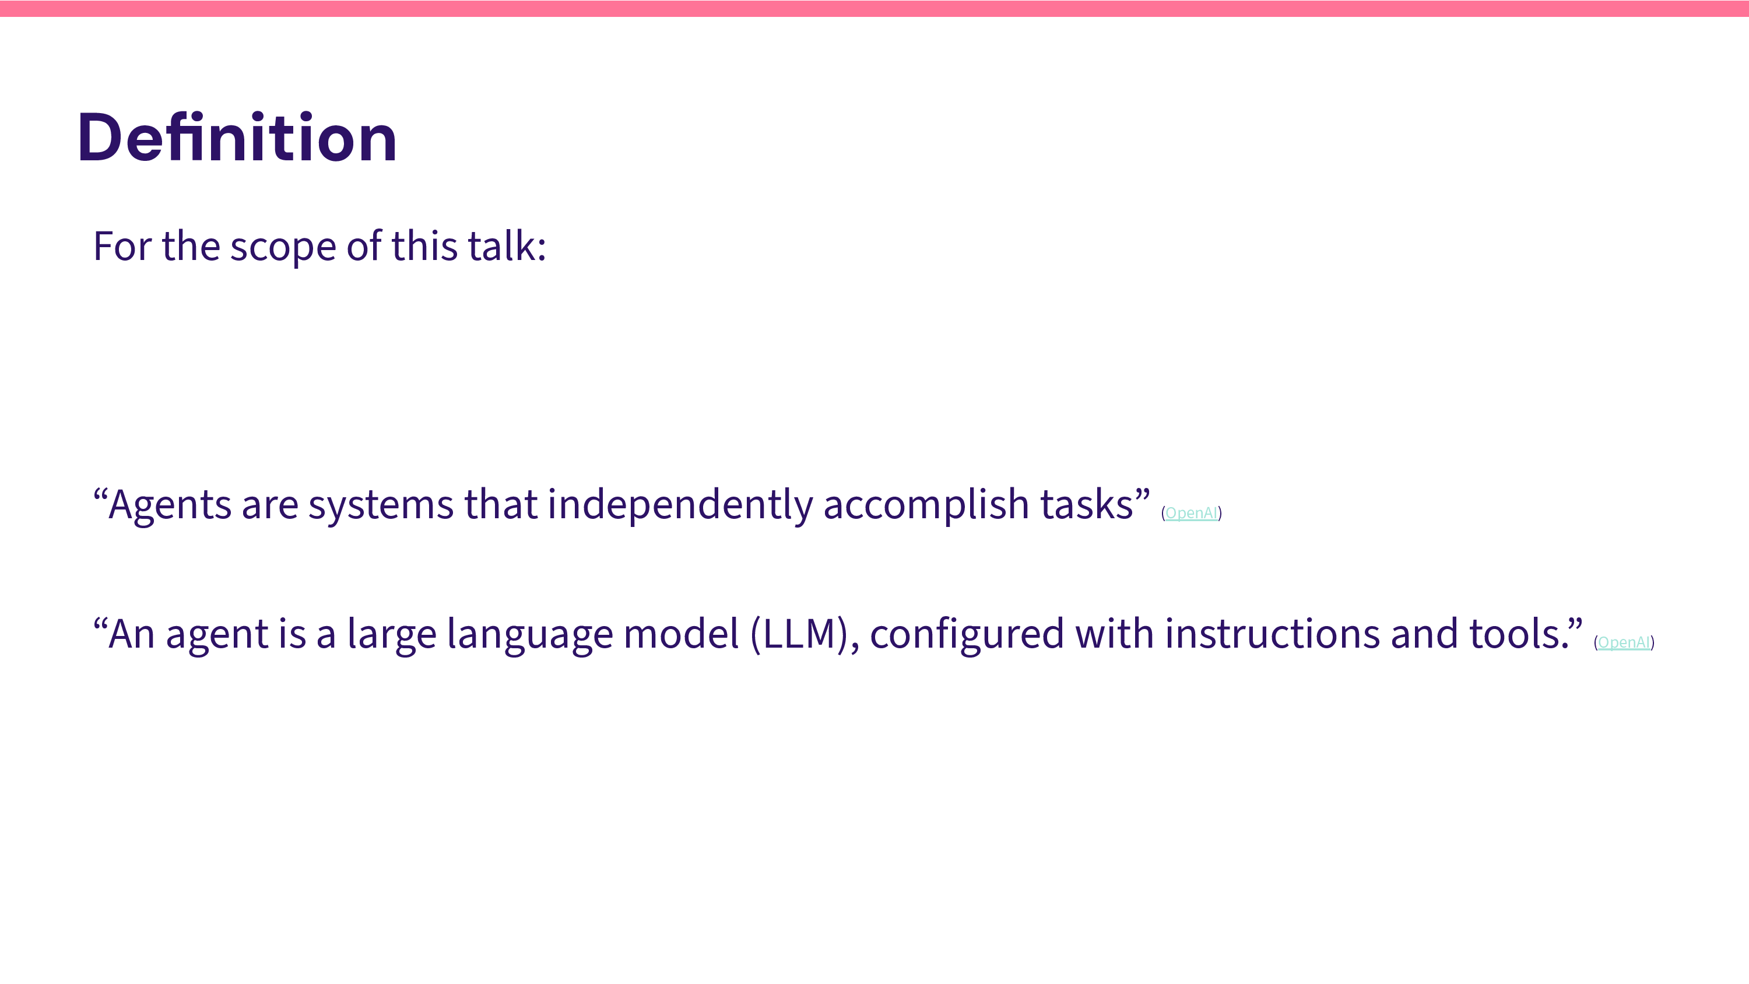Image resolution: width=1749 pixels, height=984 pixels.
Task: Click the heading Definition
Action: (x=237, y=138)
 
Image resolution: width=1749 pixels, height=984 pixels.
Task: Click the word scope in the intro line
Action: (x=282, y=247)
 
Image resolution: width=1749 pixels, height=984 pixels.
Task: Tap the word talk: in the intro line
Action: (x=507, y=245)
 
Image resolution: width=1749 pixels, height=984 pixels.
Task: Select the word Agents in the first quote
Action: (x=170, y=506)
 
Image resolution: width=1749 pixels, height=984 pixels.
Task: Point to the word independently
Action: (x=680, y=505)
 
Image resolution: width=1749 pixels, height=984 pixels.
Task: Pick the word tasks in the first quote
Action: (x=1086, y=505)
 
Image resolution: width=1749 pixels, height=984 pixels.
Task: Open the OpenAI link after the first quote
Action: (x=1191, y=513)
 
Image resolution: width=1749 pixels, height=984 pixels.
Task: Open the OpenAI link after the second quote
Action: (x=1624, y=642)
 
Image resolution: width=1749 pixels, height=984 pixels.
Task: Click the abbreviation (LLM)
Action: (x=800, y=634)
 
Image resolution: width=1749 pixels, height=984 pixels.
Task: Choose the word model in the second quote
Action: (x=681, y=634)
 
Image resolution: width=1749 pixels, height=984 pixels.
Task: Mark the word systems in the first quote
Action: (x=381, y=507)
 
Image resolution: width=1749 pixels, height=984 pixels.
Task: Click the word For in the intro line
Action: (x=122, y=246)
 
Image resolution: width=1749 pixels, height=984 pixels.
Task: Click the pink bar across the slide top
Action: (x=874, y=9)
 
